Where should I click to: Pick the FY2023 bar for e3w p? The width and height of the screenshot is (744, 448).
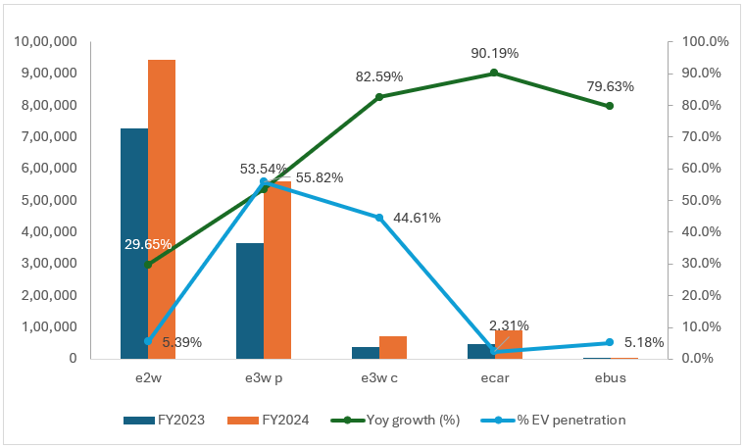(x=250, y=300)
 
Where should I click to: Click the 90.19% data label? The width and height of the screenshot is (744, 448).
(x=494, y=53)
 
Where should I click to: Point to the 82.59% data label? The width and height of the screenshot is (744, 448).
(x=379, y=75)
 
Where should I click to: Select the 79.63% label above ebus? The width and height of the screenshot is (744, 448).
(x=610, y=86)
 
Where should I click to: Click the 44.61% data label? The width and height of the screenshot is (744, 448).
(x=417, y=218)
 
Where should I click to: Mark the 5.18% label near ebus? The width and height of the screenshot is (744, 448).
(x=644, y=343)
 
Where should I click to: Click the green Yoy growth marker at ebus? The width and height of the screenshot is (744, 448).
(x=610, y=106)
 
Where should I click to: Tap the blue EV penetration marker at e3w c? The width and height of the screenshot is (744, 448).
(x=379, y=217)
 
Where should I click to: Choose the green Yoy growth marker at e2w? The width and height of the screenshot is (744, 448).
(x=148, y=264)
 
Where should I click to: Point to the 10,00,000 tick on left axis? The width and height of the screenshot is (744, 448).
(x=45, y=42)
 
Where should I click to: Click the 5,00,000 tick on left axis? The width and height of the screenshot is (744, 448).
(x=49, y=200)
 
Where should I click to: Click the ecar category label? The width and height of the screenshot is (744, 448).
(x=494, y=377)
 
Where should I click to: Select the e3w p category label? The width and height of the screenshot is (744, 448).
(x=264, y=377)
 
